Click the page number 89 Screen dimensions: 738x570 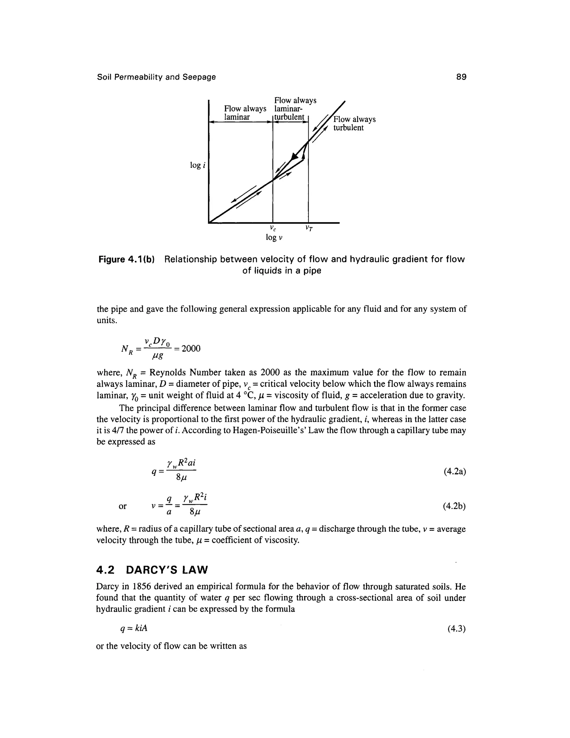(x=461, y=77)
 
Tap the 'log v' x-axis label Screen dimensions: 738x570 (x=274, y=237)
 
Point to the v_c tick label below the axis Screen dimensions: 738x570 (x=273, y=228)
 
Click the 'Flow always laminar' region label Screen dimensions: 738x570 (x=245, y=113)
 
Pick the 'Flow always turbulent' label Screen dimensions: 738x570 (x=354, y=123)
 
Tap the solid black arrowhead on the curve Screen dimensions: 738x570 (x=295, y=157)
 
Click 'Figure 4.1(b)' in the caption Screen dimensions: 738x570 (x=126, y=260)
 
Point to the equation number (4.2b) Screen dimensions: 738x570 (x=454, y=506)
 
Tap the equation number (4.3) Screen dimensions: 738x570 (x=456, y=629)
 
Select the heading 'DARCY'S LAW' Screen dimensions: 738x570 (x=167, y=570)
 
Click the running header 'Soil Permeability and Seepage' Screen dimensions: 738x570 (x=156, y=77)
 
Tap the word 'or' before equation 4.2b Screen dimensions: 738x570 (x=122, y=506)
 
